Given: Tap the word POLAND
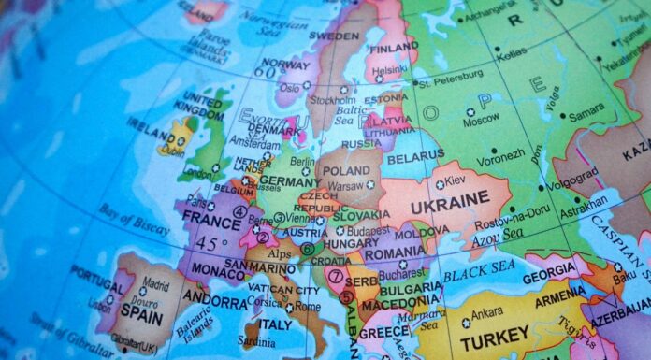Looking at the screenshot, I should tap(348, 172).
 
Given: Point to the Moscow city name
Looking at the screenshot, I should tap(481, 121).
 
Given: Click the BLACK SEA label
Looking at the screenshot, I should tap(479, 274).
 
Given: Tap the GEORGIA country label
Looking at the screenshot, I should tap(550, 278).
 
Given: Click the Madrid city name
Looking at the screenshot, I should tap(155, 285).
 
